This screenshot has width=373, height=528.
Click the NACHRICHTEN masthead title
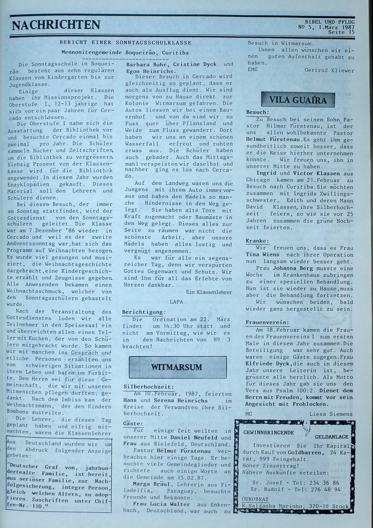tap(56, 25)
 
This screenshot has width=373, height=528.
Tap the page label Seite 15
tap(342, 32)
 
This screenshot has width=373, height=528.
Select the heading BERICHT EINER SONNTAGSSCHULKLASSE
tap(125, 43)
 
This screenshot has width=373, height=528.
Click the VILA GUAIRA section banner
tap(298, 100)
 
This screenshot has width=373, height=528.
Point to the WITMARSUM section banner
tap(177, 367)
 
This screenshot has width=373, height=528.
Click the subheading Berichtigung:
tap(144, 312)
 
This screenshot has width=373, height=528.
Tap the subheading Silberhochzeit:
tap(149, 387)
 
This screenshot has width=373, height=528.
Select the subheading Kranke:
tap(257, 241)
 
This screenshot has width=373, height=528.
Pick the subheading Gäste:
tap(133, 424)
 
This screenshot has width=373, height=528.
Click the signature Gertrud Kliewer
tap(329, 70)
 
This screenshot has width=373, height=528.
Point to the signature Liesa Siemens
tap(331, 414)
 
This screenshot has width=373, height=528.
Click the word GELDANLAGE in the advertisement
tap(332, 436)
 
